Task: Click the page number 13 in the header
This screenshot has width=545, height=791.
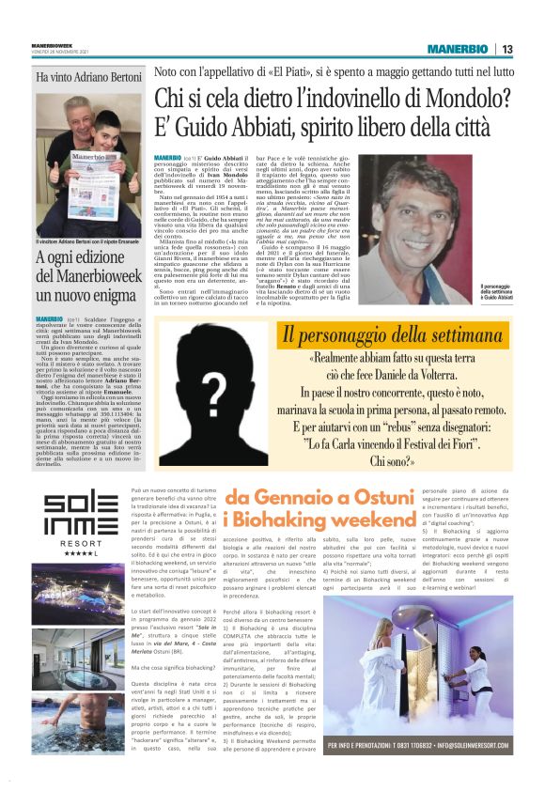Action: pos(506,49)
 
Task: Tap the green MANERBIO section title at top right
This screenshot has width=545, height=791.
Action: pos(459,49)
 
